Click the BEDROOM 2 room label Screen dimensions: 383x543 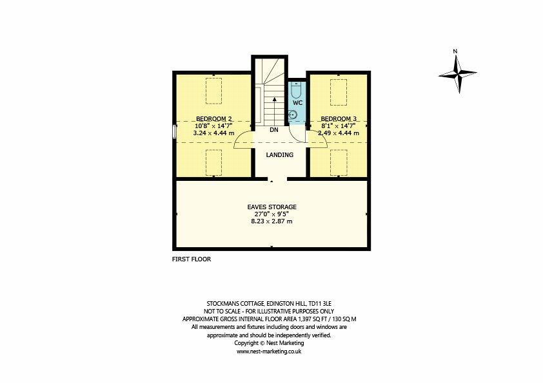(214, 118)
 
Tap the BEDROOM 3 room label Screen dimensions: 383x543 (339, 118)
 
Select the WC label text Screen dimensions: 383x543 (297, 102)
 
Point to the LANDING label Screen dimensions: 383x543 (279, 154)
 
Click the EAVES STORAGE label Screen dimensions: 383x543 (271, 207)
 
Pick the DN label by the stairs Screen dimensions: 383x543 (273, 129)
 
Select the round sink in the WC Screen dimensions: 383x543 (294, 115)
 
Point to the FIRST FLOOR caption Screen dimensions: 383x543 (192, 259)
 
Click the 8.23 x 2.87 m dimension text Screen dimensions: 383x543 (271, 221)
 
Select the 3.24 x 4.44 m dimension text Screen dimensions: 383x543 (214, 133)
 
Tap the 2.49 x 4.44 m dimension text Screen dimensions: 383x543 (339, 133)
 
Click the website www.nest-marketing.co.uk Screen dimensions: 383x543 (270, 352)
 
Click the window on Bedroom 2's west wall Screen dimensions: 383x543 (174, 131)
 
